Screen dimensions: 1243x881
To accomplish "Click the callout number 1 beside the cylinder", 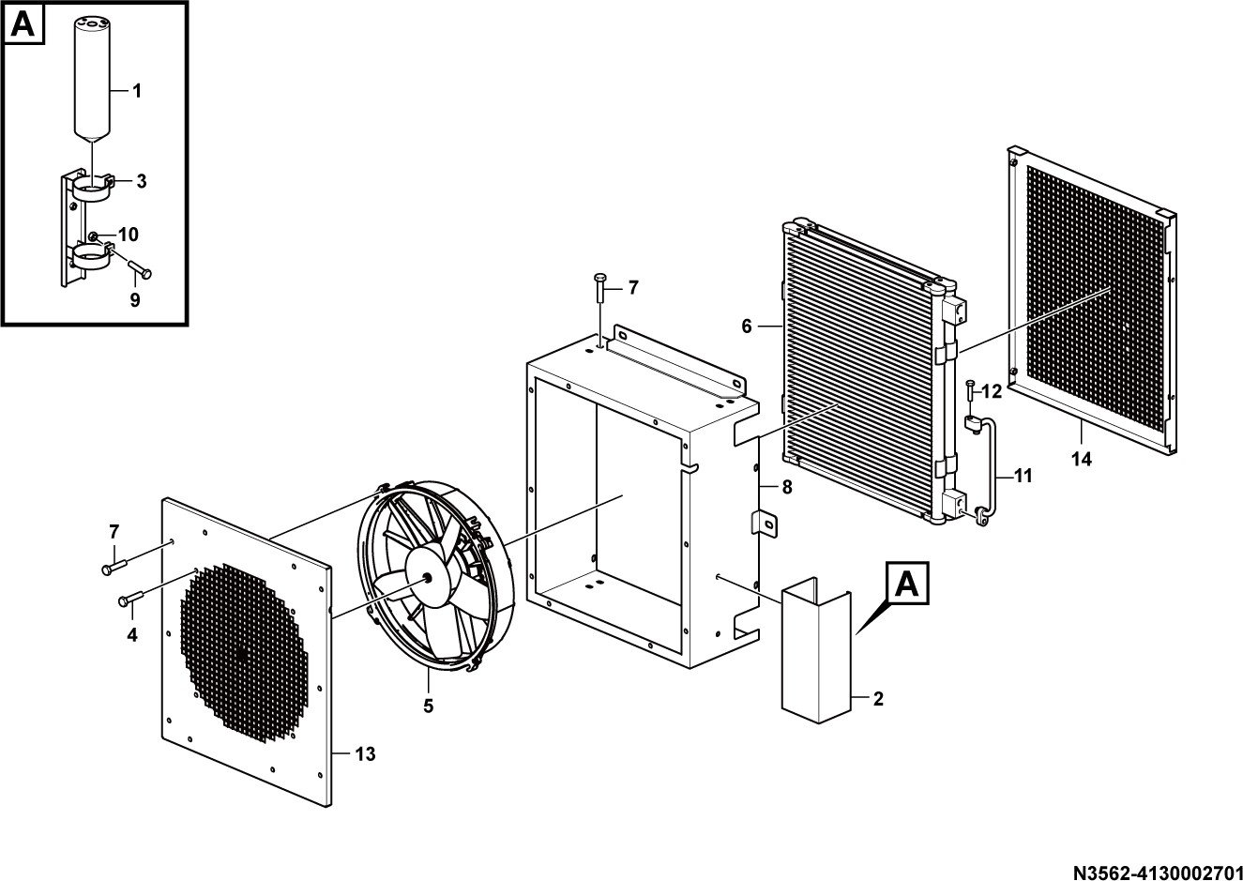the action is [x=137, y=91].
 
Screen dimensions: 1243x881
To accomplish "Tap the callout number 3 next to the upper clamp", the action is [x=142, y=181].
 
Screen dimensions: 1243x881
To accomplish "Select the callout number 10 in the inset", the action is [x=128, y=235].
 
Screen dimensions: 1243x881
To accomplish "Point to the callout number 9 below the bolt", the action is [x=135, y=300].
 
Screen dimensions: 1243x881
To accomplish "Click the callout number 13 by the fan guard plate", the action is [x=365, y=754].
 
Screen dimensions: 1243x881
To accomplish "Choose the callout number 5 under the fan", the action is [x=428, y=706].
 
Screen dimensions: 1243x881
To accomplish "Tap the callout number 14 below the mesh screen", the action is [x=1082, y=459].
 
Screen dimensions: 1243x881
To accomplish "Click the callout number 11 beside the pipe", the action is [x=1023, y=476].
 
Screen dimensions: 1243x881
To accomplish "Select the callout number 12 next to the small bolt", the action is [x=992, y=391].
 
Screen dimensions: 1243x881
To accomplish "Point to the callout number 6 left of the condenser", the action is [x=747, y=327].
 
